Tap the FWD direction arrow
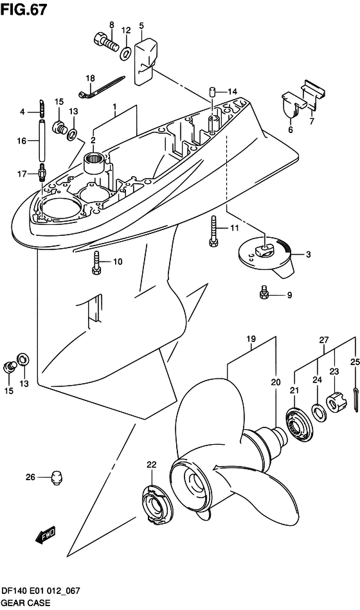pyautogui.click(x=46, y=535)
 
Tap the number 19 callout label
pyautogui.click(x=251, y=339)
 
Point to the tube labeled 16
pyautogui.click(x=41, y=141)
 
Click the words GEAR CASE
pyautogui.click(x=26, y=604)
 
